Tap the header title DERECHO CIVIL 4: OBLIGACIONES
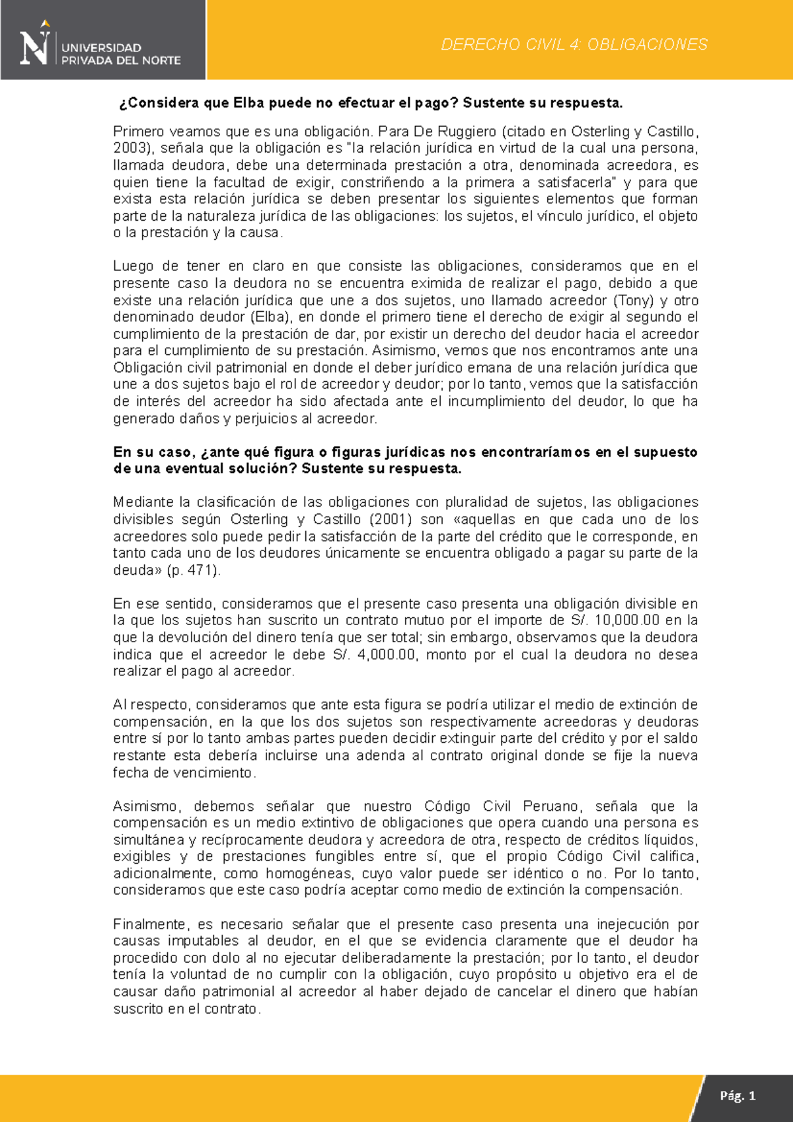(574, 44)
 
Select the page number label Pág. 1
(737, 1096)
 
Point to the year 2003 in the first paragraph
(129, 148)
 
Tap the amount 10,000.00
(627, 620)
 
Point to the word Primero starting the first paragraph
(139, 131)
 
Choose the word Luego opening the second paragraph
(132, 266)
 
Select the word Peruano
(551, 806)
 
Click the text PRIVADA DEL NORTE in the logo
(121, 60)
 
